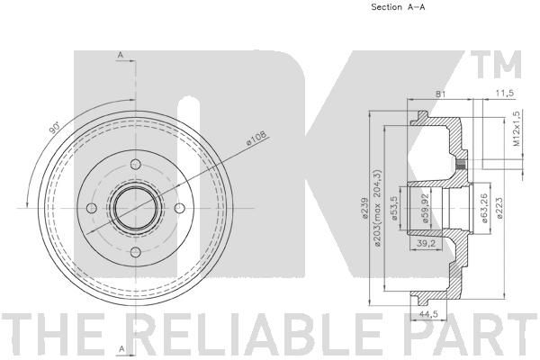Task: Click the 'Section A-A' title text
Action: point(398,7)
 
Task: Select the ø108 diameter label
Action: point(256,139)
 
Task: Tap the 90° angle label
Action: point(54,128)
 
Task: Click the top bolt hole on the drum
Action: point(136,165)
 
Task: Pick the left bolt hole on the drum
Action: point(92,208)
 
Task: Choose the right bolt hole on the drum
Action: point(180,208)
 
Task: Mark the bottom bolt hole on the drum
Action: point(136,252)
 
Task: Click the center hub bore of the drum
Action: point(136,208)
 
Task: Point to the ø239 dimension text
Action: point(365,208)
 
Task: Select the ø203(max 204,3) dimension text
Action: point(378,208)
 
